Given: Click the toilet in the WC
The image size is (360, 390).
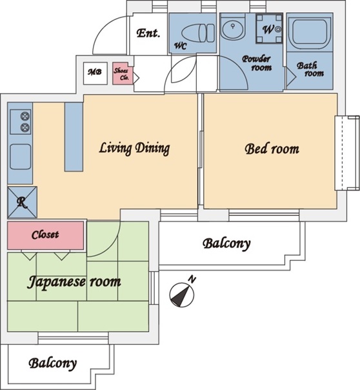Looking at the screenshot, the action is (198, 33).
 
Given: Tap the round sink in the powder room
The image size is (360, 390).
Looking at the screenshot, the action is (233, 28).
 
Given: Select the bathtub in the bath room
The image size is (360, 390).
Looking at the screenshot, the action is (310, 34).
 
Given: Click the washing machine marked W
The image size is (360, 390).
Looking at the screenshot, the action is (269, 28).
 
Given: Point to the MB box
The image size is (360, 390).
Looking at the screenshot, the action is (95, 73).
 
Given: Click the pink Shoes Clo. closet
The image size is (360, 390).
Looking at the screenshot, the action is (123, 74).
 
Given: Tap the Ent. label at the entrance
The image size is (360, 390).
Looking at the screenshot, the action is (148, 33).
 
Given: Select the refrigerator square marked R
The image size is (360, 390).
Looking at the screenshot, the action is (23, 202).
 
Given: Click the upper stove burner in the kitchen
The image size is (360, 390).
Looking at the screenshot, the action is (25, 116).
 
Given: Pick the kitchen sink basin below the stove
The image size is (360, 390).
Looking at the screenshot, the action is (21, 157).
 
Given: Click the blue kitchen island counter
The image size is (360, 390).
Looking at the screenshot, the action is (74, 137).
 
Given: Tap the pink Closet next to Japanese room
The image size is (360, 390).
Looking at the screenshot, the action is (45, 235).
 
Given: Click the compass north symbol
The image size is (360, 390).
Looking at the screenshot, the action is (182, 295).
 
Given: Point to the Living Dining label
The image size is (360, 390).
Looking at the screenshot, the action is (134, 149).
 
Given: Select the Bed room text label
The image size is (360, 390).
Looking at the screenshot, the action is (272, 149).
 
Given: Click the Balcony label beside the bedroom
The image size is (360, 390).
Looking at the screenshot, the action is (226, 244).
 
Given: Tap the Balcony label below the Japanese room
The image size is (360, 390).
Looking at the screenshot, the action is (53, 364).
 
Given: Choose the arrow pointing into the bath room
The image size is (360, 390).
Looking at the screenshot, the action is (291, 77).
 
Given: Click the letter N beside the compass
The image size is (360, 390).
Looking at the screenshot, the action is (192, 279).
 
